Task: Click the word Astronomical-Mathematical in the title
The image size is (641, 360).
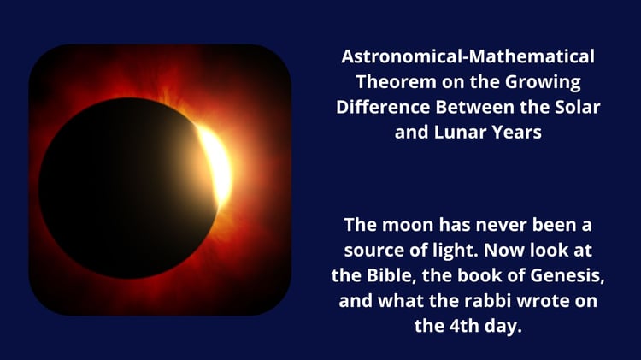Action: [468, 56]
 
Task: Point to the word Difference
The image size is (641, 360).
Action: [383, 107]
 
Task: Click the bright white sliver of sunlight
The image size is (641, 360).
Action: [216, 163]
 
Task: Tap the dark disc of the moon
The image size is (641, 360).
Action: [122, 188]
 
